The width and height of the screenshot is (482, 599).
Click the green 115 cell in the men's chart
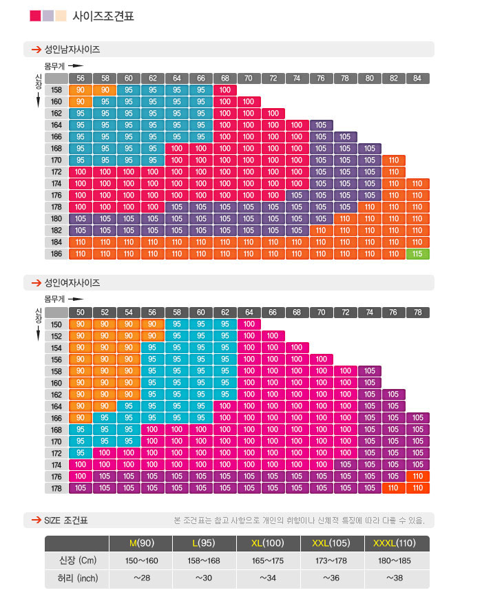(x=417, y=254)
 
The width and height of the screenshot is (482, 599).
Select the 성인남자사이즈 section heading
(x=72, y=50)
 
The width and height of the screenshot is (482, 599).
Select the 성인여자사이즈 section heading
(x=72, y=283)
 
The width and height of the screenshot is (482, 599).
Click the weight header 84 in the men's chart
(x=417, y=78)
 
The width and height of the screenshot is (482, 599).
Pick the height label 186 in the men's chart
(x=56, y=254)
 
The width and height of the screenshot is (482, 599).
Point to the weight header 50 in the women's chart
(x=80, y=313)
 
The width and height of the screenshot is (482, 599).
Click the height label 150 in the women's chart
(x=56, y=324)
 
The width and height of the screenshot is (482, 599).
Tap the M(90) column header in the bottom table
(x=141, y=543)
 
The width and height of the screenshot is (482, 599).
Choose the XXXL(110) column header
(x=397, y=543)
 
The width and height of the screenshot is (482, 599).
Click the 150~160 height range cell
(x=141, y=561)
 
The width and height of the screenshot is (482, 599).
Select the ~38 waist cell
(x=397, y=578)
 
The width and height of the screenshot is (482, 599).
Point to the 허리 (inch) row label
(x=76, y=578)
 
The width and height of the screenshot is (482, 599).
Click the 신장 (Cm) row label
(x=76, y=561)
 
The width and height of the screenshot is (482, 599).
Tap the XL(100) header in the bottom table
(x=269, y=543)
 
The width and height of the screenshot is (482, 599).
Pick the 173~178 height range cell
(x=333, y=561)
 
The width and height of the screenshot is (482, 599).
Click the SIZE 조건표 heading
(x=66, y=521)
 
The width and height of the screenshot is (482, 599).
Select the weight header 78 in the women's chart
(x=417, y=313)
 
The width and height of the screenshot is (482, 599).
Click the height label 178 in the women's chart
(x=56, y=488)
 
